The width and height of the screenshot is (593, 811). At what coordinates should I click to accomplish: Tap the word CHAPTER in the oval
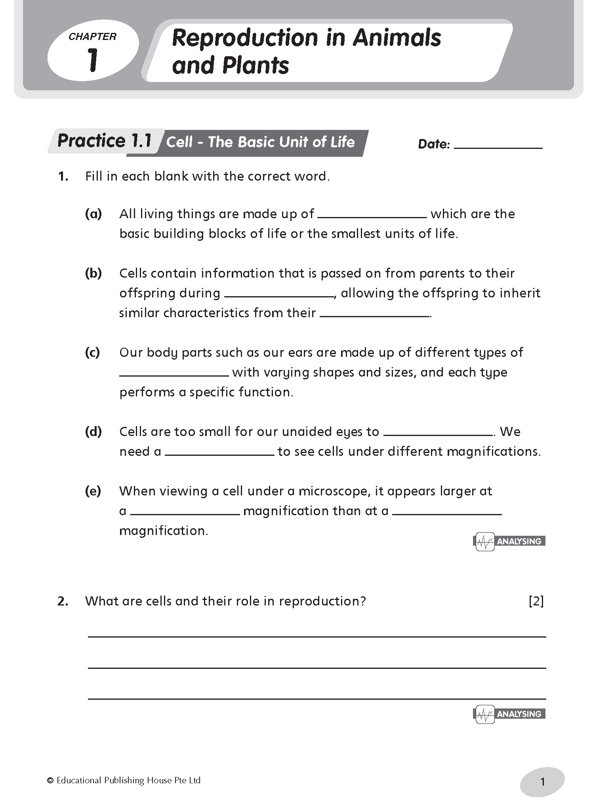[92, 37]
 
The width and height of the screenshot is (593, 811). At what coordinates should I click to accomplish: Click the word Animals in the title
[397, 38]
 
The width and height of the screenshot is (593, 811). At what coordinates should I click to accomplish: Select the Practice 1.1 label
[105, 141]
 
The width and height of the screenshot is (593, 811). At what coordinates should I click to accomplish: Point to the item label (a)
[93, 214]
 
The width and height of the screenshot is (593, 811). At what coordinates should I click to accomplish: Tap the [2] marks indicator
[536, 601]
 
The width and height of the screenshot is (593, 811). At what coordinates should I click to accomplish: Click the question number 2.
[63, 601]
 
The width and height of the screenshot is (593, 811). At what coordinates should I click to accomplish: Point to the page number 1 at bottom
[542, 782]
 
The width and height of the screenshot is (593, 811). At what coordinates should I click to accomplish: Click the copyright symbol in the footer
[50, 781]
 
